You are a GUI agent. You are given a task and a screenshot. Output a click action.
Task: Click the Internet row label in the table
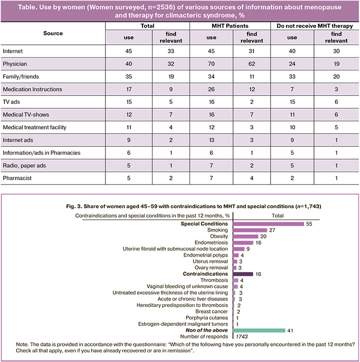click(12, 51)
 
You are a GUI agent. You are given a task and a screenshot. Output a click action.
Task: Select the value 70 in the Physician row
click(211, 63)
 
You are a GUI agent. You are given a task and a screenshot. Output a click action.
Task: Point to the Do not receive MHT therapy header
click(315, 25)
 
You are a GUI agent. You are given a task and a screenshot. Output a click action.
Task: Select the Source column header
click(53, 33)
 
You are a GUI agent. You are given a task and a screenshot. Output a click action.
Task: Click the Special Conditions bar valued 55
click(268, 224)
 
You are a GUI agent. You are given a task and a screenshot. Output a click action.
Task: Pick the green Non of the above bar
click(259, 331)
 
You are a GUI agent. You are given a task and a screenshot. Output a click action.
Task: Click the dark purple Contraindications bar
click(243, 274)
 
